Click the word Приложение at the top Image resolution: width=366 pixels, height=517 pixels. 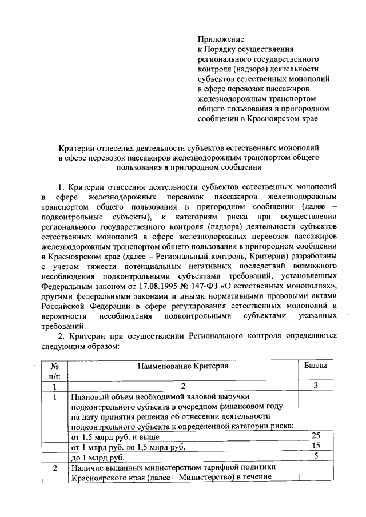pyautogui.click(x=221, y=39)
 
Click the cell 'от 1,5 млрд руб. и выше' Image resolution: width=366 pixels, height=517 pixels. pyautogui.click(x=114, y=437)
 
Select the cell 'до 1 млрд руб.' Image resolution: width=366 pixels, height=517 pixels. pyautogui.click(x=97, y=457)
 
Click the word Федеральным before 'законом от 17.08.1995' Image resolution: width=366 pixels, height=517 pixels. pyautogui.click(x=67, y=287)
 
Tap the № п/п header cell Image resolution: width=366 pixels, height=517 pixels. pyautogui.click(x=55, y=371)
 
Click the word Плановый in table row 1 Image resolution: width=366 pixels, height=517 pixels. pyautogui.click(x=89, y=396)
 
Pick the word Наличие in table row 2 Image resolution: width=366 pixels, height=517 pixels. pyautogui.click(x=87, y=468)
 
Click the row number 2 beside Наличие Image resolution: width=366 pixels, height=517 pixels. pyautogui.click(x=55, y=468)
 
